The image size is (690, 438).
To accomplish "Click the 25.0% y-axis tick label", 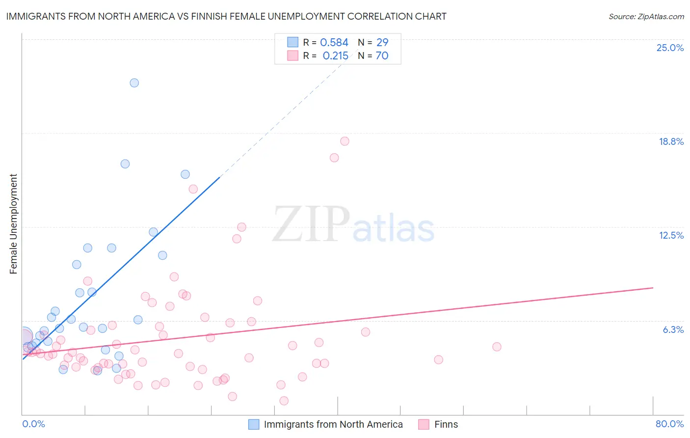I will coord(670,48).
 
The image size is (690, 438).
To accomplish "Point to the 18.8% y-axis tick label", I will coord(671,141).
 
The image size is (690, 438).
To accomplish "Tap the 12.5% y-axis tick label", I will coord(671,235).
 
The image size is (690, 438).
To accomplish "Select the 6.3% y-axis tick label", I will coord(673,329).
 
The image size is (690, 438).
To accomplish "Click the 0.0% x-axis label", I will coord(33,424).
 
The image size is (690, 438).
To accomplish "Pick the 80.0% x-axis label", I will coord(669,424).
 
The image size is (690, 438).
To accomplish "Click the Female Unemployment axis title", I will coord(13,224).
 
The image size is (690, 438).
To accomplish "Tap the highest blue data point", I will coord(134,83).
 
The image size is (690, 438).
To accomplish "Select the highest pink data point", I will coord(345,141).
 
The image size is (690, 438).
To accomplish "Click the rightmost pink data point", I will coord(497,347).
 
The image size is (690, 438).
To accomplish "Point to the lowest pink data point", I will coord(284,401).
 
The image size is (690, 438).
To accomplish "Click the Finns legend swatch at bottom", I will coord(424,424).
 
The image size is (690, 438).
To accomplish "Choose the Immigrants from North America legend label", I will coord(333,424).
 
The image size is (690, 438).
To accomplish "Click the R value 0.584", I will coord(334,43).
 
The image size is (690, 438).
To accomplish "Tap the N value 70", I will coord(382,56).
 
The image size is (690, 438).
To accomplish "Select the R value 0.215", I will coord(336,56).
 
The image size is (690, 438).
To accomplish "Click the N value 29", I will coord(382,43).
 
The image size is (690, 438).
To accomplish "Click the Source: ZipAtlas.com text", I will coord(646,17).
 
